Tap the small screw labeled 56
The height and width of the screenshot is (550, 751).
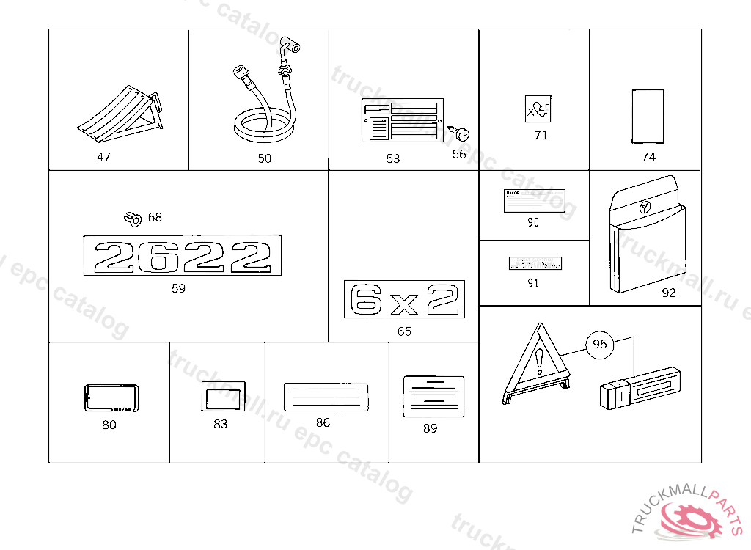(461, 133)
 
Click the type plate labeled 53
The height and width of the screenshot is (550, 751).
(400, 122)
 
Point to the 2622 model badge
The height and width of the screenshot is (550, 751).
(183, 256)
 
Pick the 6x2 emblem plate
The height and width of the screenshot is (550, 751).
(404, 299)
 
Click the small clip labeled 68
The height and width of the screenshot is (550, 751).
(132, 218)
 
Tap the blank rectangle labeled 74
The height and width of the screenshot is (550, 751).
(648, 116)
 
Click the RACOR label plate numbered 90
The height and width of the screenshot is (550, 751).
(533, 199)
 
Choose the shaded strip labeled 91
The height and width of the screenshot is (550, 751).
(535, 263)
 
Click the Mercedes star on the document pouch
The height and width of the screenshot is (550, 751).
(645, 207)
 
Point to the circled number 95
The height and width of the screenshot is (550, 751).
(600, 344)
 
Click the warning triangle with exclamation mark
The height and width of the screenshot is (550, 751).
(538, 362)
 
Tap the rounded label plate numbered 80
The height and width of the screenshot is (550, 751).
(111, 400)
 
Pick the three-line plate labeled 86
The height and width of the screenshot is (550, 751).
(325, 396)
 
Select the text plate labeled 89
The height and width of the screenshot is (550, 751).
(433, 396)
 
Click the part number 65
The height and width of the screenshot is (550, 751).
(404, 331)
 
